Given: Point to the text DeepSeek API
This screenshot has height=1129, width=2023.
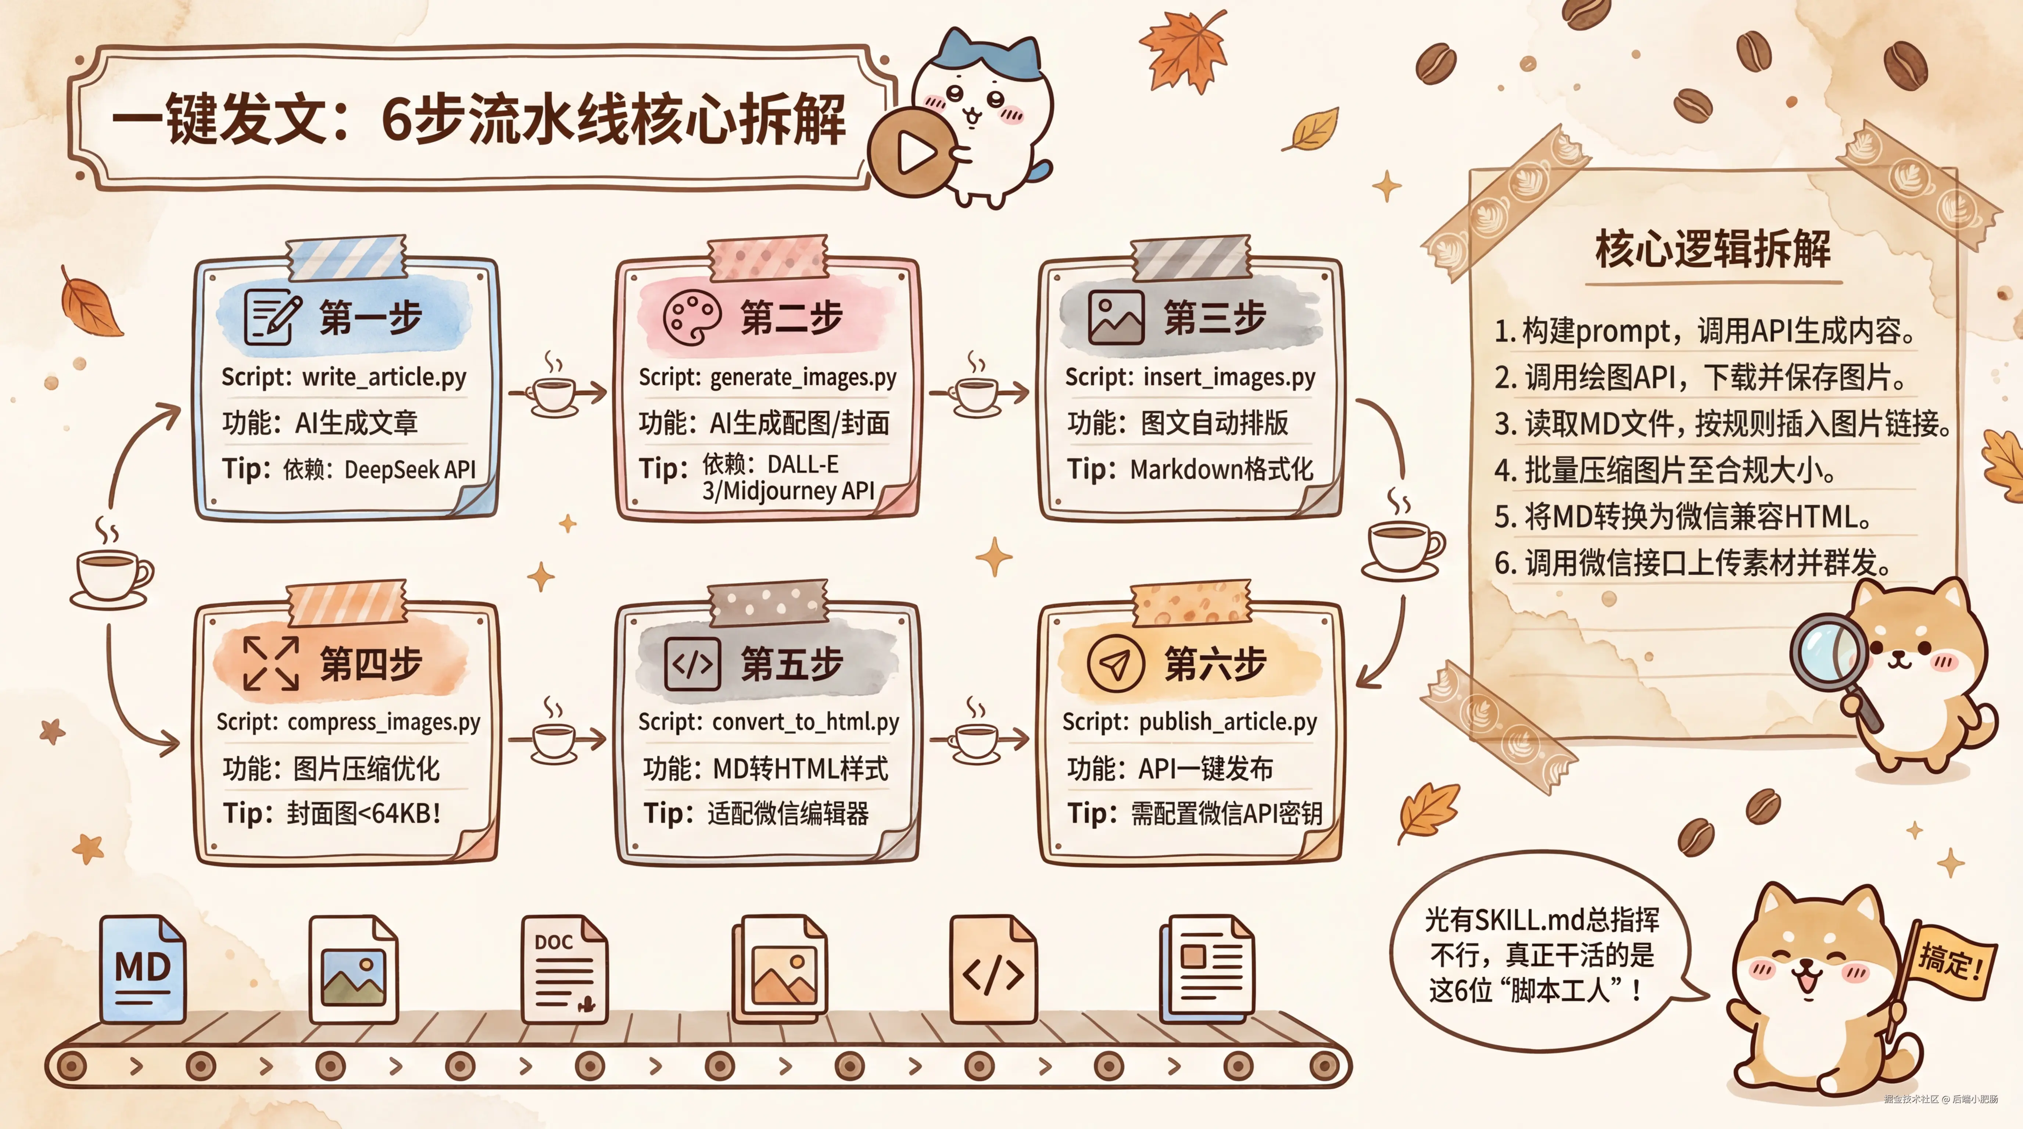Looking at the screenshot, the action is point(410,470).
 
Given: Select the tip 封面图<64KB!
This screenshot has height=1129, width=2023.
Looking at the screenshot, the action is point(363,813).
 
